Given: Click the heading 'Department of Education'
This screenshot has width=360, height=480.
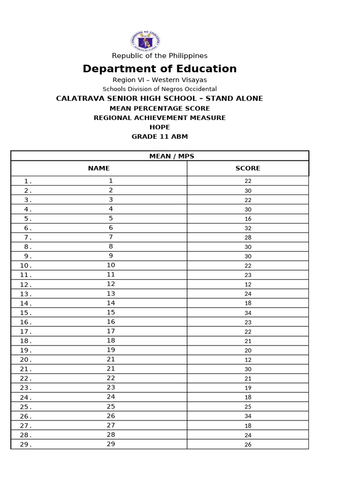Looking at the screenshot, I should coord(159,69).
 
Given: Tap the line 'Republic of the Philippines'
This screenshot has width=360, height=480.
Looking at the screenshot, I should coord(159,56).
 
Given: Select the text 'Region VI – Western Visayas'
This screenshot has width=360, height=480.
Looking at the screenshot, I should coord(159,80).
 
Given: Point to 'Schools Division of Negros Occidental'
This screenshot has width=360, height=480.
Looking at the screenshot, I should coord(159,89).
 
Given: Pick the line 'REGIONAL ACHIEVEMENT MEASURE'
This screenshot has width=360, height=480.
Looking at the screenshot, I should coord(159,118).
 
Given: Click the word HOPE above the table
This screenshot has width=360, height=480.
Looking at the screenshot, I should coord(159,127).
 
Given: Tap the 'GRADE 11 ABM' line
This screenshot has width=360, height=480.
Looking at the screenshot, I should coord(159,136).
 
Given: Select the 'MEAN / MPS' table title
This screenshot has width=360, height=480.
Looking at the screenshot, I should coord(159,156).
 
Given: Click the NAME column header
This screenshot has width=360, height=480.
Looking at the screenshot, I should coord(99,168).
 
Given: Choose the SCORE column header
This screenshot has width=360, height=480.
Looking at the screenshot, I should coord(248,168).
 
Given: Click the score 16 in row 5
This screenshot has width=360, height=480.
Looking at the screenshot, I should coord(248,219).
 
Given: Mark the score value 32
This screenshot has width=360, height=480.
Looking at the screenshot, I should coord(248,228).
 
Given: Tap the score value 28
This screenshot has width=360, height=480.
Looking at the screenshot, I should coord(248,238).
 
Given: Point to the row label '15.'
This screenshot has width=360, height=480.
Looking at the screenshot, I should coord(26,313).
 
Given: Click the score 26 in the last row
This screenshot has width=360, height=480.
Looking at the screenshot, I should coord(248,444).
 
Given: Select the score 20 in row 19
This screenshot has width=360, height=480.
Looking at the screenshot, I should coord(248,351).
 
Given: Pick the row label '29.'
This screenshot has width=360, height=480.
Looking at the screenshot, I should coord(26,444).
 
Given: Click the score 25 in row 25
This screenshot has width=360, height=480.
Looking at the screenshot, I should coord(248,407).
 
